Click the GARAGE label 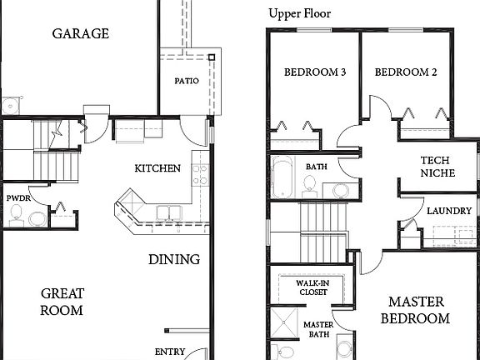pos(81,34)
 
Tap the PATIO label pos(186,82)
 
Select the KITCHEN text pos(157,168)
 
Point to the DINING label pos(174,259)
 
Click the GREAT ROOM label pos(62,302)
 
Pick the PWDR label pos(17,198)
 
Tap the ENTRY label pos(169,352)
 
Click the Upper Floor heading pos(299,14)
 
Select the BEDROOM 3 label pos(315,72)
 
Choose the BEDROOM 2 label pos(406,72)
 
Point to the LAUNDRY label pos(448,211)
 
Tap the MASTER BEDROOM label pos(415,309)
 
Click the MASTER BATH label pos(317,329)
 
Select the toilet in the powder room pos(37,219)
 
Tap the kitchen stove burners pos(200,174)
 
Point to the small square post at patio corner pos(212,57)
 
